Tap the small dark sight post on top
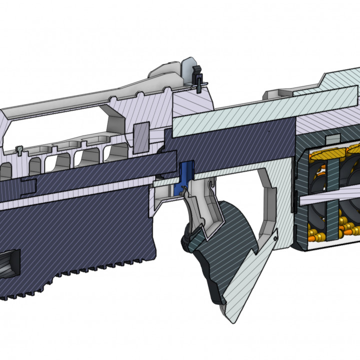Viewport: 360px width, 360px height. click(197, 75)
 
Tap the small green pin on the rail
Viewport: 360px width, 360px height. click(18, 148)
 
